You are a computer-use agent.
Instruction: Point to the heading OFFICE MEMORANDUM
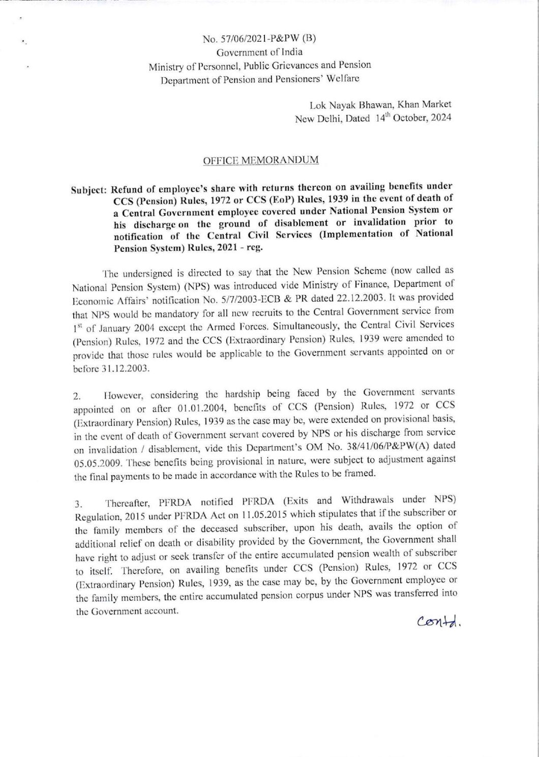tap(261, 160)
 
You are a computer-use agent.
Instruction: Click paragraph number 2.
tap(76, 395)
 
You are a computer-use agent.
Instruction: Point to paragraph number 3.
tap(77, 505)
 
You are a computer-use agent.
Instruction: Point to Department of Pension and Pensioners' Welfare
tap(260, 79)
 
